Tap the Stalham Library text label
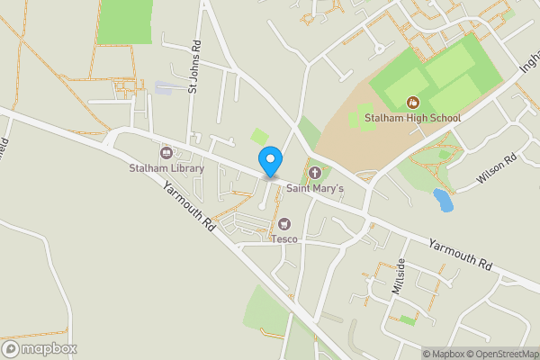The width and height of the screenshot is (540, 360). (x=166, y=168)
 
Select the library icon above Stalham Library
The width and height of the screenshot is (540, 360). (x=166, y=152)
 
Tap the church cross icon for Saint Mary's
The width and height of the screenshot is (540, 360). (x=315, y=172)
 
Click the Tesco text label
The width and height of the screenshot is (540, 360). (x=284, y=238)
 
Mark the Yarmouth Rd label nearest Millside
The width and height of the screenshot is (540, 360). (x=461, y=255)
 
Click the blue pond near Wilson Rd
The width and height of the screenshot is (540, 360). (x=443, y=199)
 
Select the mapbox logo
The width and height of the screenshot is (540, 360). (x=40, y=348)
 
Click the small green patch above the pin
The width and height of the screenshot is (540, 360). (x=260, y=137)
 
